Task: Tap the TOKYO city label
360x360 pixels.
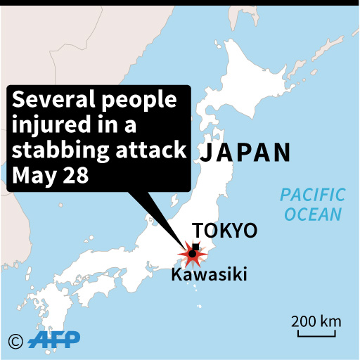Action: (225, 231)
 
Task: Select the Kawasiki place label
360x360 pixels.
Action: (209, 275)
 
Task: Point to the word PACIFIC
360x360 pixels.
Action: (312, 195)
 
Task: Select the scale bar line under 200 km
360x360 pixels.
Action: (317, 334)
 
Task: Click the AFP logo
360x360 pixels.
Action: (54, 340)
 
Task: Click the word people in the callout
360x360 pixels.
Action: (139, 101)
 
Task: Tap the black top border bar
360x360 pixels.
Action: (180, 3)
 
